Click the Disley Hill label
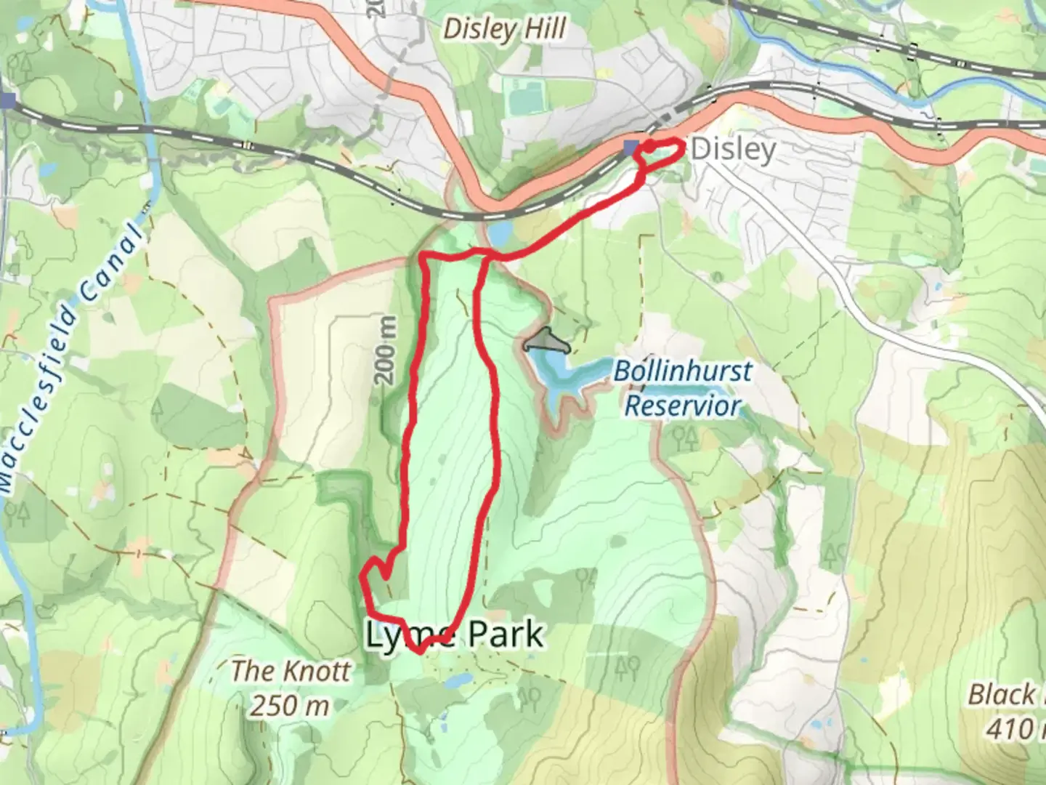(x=504, y=29)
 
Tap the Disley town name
(x=733, y=149)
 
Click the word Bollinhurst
(x=683, y=371)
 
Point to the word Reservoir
(x=683, y=406)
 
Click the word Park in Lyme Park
(x=505, y=635)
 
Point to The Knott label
(x=291, y=671)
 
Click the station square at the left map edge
(x=7, y=100)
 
